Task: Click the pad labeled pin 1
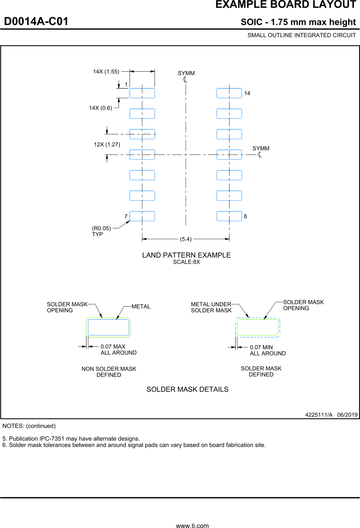[x=142, y=93]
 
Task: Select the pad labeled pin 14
[x=229, y=93]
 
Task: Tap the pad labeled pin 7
[x=142, y=216]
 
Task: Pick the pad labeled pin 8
[x=229, y=216]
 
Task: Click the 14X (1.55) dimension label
[x=106, y=71]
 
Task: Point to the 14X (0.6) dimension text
[x=100, y=108]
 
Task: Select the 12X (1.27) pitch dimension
[x=107, y=144]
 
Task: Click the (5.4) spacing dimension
[x=186, y=239]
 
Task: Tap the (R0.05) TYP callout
[x=101, y=231]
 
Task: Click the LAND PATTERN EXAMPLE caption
[x=186, y=255]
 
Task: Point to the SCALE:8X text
[x=186, y=262]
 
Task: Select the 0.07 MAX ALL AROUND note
[x=118, y=350]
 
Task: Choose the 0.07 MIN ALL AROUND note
[x=268, y=350]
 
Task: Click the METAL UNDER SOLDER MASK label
[x=211, y=307]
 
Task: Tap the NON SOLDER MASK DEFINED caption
[x=109, y=372]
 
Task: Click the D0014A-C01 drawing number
[x=36, y=21]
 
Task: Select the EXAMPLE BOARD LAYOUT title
[x=285, y=5]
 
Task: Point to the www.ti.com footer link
[x=192, y=525]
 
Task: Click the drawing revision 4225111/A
[x=319, y=414]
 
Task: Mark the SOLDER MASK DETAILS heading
[x=187, y=389]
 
